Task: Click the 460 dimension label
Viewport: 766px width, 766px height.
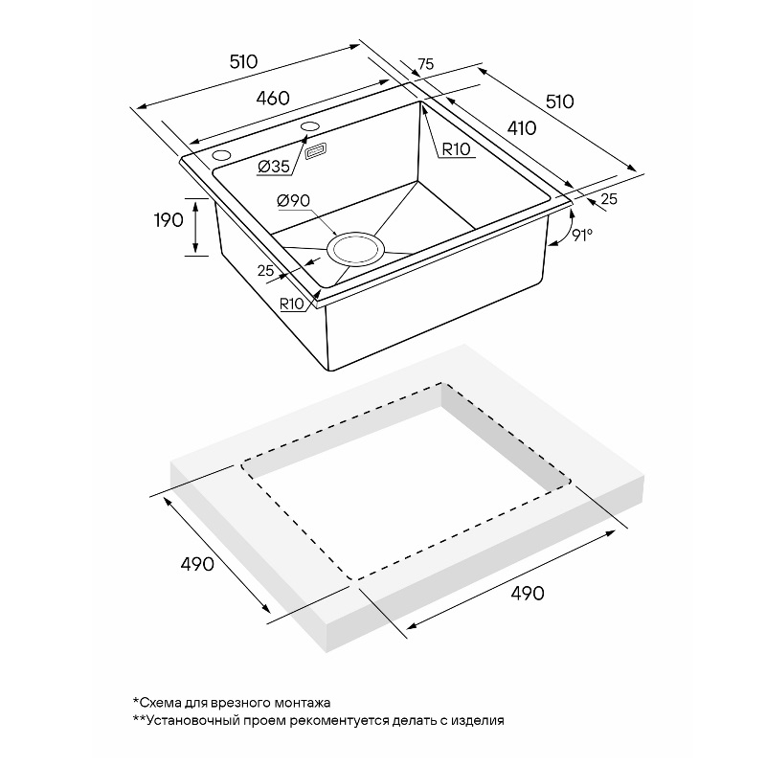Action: click(273, 99)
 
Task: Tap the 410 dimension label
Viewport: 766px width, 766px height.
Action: click(522, 128)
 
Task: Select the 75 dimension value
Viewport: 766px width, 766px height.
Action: click(426, 64)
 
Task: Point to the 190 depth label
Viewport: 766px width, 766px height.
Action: click(169, 220)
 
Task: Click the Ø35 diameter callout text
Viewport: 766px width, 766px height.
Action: click(274, 167)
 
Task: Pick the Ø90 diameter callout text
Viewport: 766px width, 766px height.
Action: click(293, 200)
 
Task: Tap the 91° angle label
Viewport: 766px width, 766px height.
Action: click(582, 235)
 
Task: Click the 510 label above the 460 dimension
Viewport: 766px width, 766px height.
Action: click(243, 61)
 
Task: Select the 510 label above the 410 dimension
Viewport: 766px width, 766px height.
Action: click(559, 101)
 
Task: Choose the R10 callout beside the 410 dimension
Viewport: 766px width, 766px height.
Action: click(456, 149)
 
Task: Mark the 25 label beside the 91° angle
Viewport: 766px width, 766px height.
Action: click(609, 199)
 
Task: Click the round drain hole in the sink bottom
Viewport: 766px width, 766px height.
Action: click(355, 249)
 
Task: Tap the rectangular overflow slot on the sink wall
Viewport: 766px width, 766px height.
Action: click(317, 151)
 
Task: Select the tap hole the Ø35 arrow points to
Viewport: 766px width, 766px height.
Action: click(309, 126)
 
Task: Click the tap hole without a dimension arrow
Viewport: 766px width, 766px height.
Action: click(221, 156)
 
